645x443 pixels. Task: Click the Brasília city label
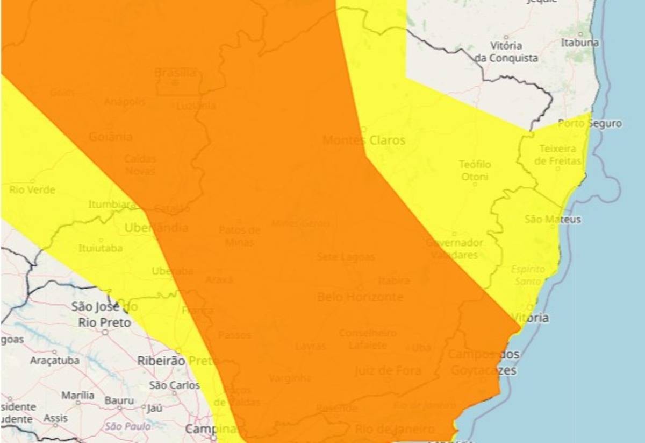tap(175, 72)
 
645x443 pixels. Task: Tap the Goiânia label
tap(110, 137)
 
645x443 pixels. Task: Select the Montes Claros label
tap(364, 140)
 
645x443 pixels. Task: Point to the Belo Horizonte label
tap(360, 297)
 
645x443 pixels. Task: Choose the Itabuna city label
tap(579, 43)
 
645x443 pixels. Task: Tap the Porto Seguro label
tap(590, 124)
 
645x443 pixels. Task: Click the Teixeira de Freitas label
tap(558, 154)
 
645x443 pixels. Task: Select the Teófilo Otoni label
tap(475, 170)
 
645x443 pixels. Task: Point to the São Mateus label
tap(553, 220)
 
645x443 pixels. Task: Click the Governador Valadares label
tap(454, 249)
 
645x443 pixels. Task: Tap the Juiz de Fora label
tap(388, 370)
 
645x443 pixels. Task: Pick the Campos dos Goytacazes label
tap(484, 362)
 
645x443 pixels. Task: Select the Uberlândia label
tap(156, 228)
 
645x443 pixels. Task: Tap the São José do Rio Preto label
tap(105, 315)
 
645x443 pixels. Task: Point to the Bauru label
tap(119, 400)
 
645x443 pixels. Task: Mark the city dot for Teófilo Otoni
tap(475, 184)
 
